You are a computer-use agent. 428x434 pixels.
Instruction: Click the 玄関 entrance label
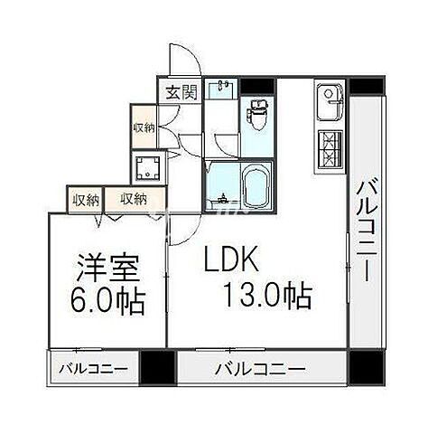tap(180, 92)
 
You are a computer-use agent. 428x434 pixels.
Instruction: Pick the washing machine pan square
tap(145, 167)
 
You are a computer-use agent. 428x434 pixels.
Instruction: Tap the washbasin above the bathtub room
tap(222, 90)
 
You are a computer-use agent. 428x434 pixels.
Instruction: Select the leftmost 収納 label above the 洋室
tap(87, 199)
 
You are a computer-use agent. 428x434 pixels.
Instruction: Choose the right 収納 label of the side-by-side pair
tap(134, 199)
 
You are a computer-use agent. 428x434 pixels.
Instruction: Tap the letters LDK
tap(231, 262)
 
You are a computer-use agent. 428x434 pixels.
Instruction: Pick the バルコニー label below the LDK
tap(260, 369)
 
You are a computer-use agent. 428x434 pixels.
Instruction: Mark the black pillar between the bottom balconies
tap(156, 368)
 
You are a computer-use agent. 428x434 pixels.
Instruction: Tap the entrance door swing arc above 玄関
tap(185, 61)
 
